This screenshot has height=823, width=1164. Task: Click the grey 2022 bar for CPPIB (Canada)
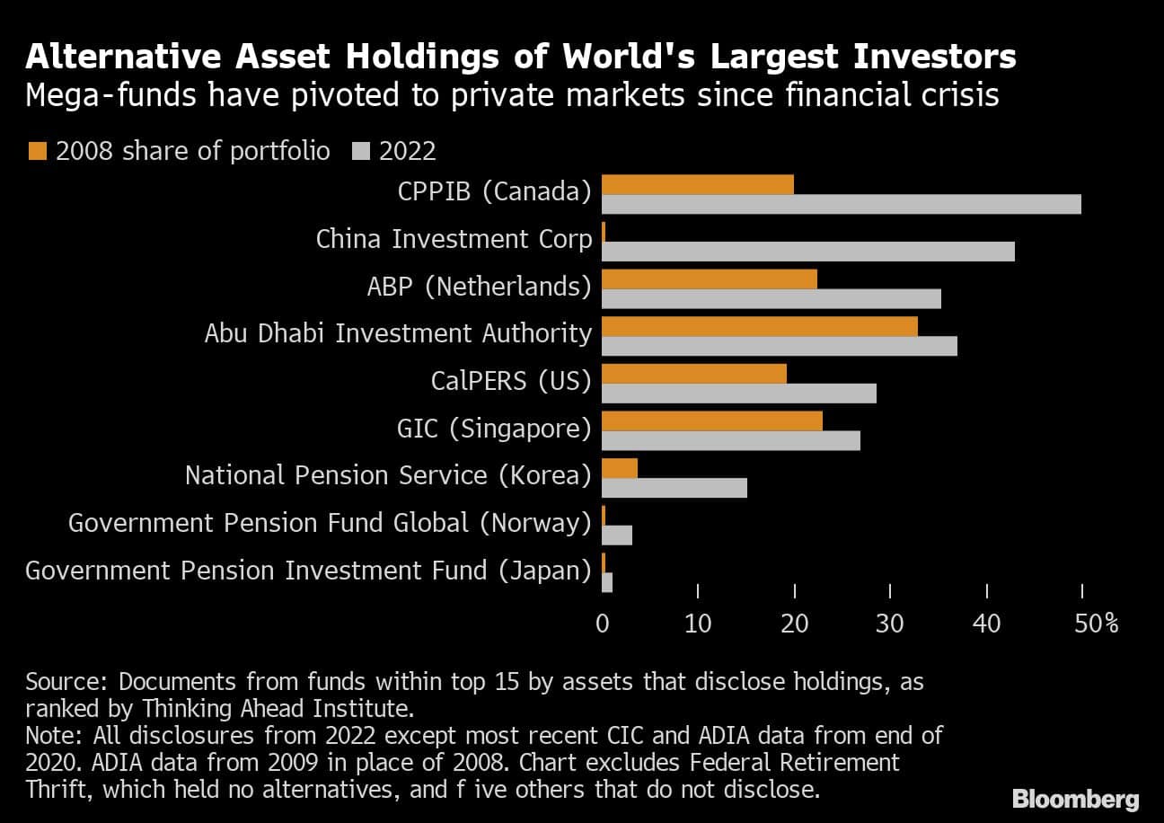pyautogui.click(x=841, y=205)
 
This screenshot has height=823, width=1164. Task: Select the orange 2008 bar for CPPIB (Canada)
pyautogui.click(x=697, y=184)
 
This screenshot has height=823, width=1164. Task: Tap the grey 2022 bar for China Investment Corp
pyautogui.click(x=807, y=252)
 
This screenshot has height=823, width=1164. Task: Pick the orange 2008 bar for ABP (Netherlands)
pyautogui.click(x=709, y=279)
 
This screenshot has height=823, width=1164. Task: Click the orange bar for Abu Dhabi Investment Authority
pyautogui.click(x=759, y=326)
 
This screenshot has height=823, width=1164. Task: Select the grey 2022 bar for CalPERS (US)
pyautogui.click(x=738, y=394)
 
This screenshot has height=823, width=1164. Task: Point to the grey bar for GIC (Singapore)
pyautogui.click(x=730, y=440)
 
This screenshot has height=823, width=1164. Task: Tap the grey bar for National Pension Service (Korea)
pyautogui.click(x=674, y=488)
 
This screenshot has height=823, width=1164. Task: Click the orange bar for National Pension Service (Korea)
pyautogui.click(x=619, y=468)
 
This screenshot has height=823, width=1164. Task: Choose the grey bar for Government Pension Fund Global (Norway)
pyautogui.click(x=616, y=535)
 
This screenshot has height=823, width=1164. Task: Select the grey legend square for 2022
pyautogui.click(x=365, y=151)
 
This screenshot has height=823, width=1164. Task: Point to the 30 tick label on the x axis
pyautogui.click(x=890, y=623)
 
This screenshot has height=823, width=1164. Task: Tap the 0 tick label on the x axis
pyautogui.click(x=602, y=623)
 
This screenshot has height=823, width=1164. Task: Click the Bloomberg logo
pyautogui.click(x=1075, y=799)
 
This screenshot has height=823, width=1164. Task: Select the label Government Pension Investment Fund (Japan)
pyautogui.click(x=308, y=570)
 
